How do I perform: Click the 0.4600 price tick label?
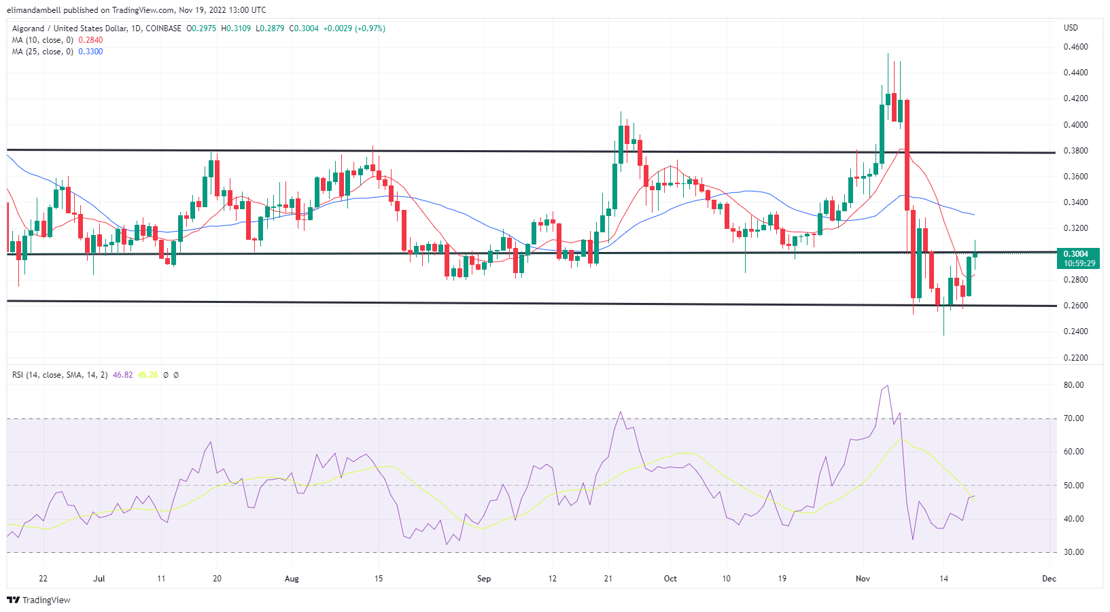(1075, 47)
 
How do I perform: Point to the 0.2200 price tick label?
(1075, 357)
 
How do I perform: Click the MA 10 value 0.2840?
(90, 40)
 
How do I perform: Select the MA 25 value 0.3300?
(90, 52)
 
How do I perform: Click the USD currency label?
(1071, 28)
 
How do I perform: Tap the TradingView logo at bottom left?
(39, 600)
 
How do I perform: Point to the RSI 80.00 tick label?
(1074, 385)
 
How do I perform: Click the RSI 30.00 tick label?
(1074, 552)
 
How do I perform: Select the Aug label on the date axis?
(292, 579)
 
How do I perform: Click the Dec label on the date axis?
(1049, 579)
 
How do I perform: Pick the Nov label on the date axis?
(863, 579)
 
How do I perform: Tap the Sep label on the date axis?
(483, 579)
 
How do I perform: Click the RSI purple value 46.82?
(123, 375)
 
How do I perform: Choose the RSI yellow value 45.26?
(148, 375)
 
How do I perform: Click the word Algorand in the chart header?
(28, 29)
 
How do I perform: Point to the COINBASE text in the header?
(164, 29)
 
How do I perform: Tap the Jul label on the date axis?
(99, 579)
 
